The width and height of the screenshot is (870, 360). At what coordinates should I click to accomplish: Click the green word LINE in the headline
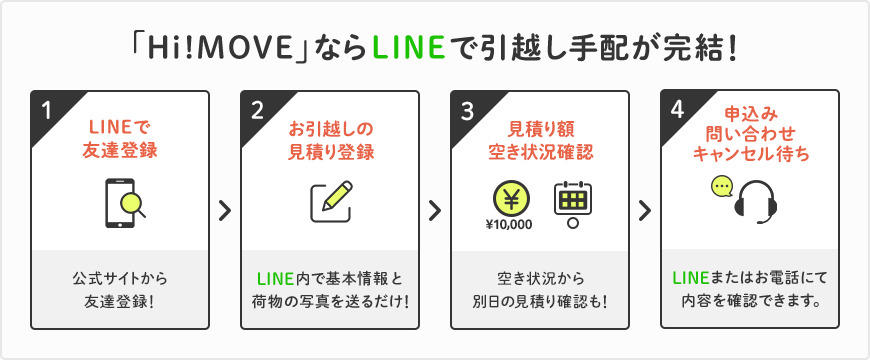click(x=409, y=50)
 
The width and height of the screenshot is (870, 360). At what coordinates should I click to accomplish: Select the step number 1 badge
click(x=46, y=110)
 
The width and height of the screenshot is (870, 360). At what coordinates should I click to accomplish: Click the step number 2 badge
click(x=256, y=110)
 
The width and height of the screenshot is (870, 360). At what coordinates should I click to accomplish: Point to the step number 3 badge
click(x=467, y=111)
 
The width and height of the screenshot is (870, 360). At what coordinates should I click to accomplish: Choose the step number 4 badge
click(x=676, y=110)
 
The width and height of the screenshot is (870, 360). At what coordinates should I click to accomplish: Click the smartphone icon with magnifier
click(x=125, y=203)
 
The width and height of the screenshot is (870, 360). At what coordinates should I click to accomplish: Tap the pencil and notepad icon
click(x=332, y=201)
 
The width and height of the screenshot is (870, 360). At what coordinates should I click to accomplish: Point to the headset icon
click(x=756, y=203)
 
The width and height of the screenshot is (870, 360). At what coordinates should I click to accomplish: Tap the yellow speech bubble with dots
click(x=722, y=187)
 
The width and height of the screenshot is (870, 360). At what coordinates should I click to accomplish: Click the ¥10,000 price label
click(x=509, y=225)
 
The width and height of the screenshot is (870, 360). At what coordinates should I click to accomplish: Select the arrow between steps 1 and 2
click(x=225, y=210)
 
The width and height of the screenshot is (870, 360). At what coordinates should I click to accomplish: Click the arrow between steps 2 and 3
click(x=435, y=210)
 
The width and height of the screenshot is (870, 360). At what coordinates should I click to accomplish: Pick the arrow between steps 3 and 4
click(x=645, y=210)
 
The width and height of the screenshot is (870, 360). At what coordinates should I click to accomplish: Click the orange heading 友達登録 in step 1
click(x=120, y=151)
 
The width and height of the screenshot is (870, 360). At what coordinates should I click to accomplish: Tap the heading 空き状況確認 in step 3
click(x=540, y=151)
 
